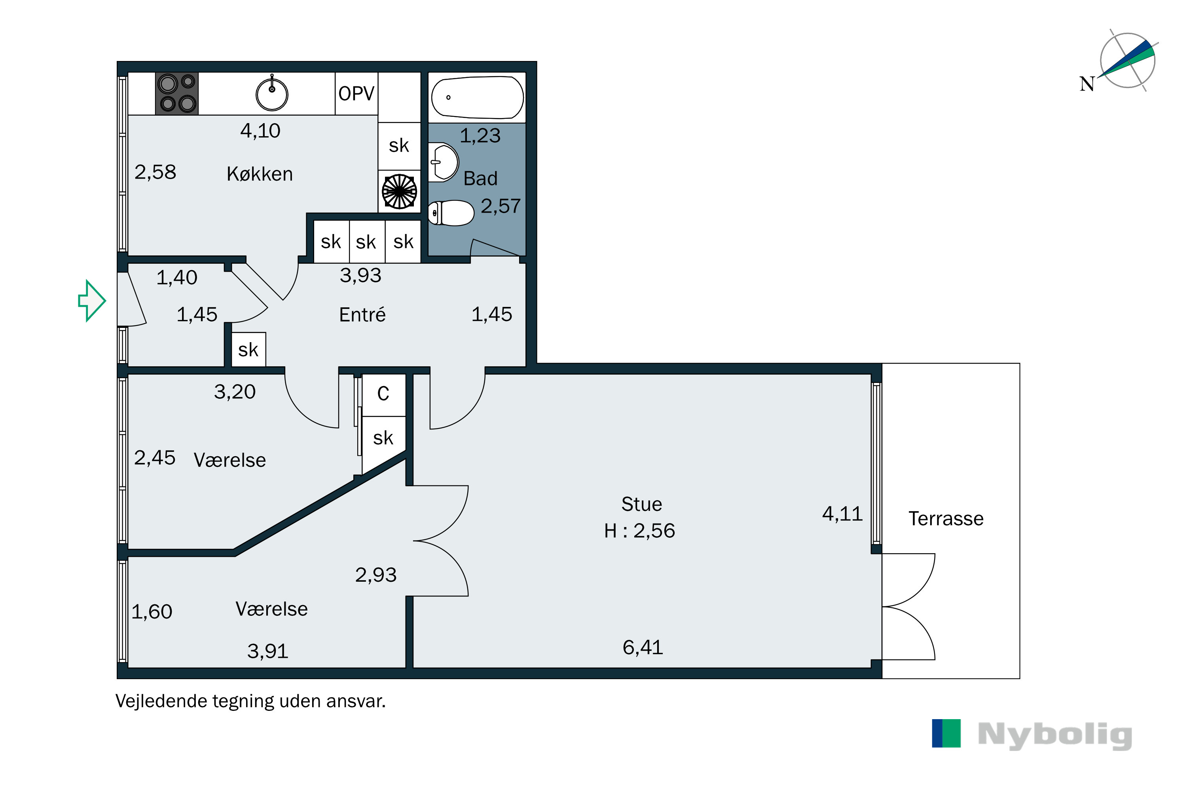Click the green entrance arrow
92,301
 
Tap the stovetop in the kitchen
176,93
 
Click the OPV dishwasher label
356,93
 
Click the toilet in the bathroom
451,213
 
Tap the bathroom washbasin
443,162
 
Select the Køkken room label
260,174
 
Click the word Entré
362,315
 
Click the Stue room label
641,504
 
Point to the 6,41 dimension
643,647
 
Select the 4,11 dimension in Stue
842,514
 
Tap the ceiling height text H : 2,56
639,530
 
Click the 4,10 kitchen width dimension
260,131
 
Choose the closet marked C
383,394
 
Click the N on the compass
1087,84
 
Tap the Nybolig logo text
1055,735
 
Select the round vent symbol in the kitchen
399,191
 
